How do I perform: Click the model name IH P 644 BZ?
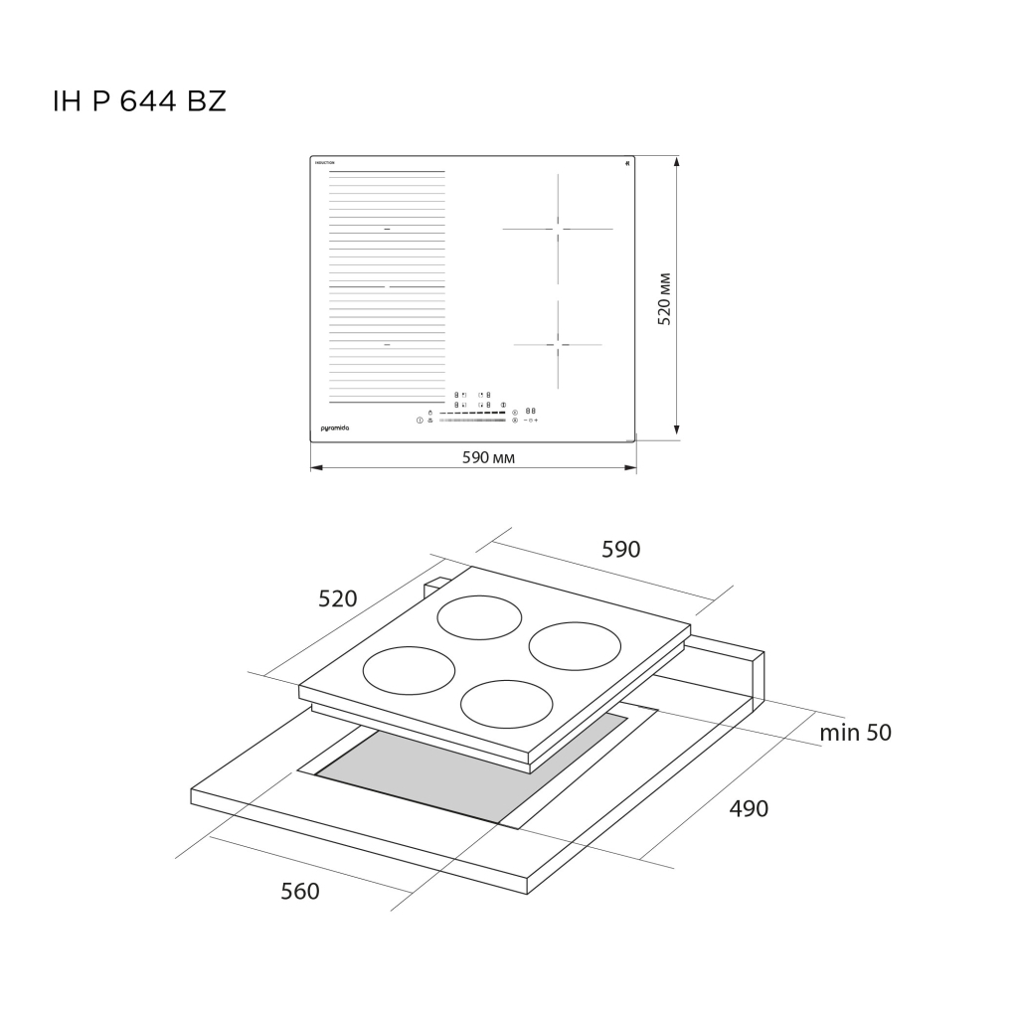(x=139, y=101)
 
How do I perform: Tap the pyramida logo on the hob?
(x=335, y=426)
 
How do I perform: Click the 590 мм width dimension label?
(x=487, y=457)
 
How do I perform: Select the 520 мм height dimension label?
(x=665, y=298)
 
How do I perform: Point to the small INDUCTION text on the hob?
(x=324, y=162)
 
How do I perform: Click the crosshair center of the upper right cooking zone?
(x=558, y=230)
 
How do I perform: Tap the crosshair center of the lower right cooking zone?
(x=558, y=345)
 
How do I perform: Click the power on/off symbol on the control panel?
(x=420, y=421)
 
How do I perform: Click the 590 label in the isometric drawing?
(x=621, y=549)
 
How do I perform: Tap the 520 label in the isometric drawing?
(x=337, y=598)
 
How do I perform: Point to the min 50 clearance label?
(x=855, y=733)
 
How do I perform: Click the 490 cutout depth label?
(x=749, y=808)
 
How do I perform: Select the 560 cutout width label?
(x=300, y=891)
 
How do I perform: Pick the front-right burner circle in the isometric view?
(x=507, y=704)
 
